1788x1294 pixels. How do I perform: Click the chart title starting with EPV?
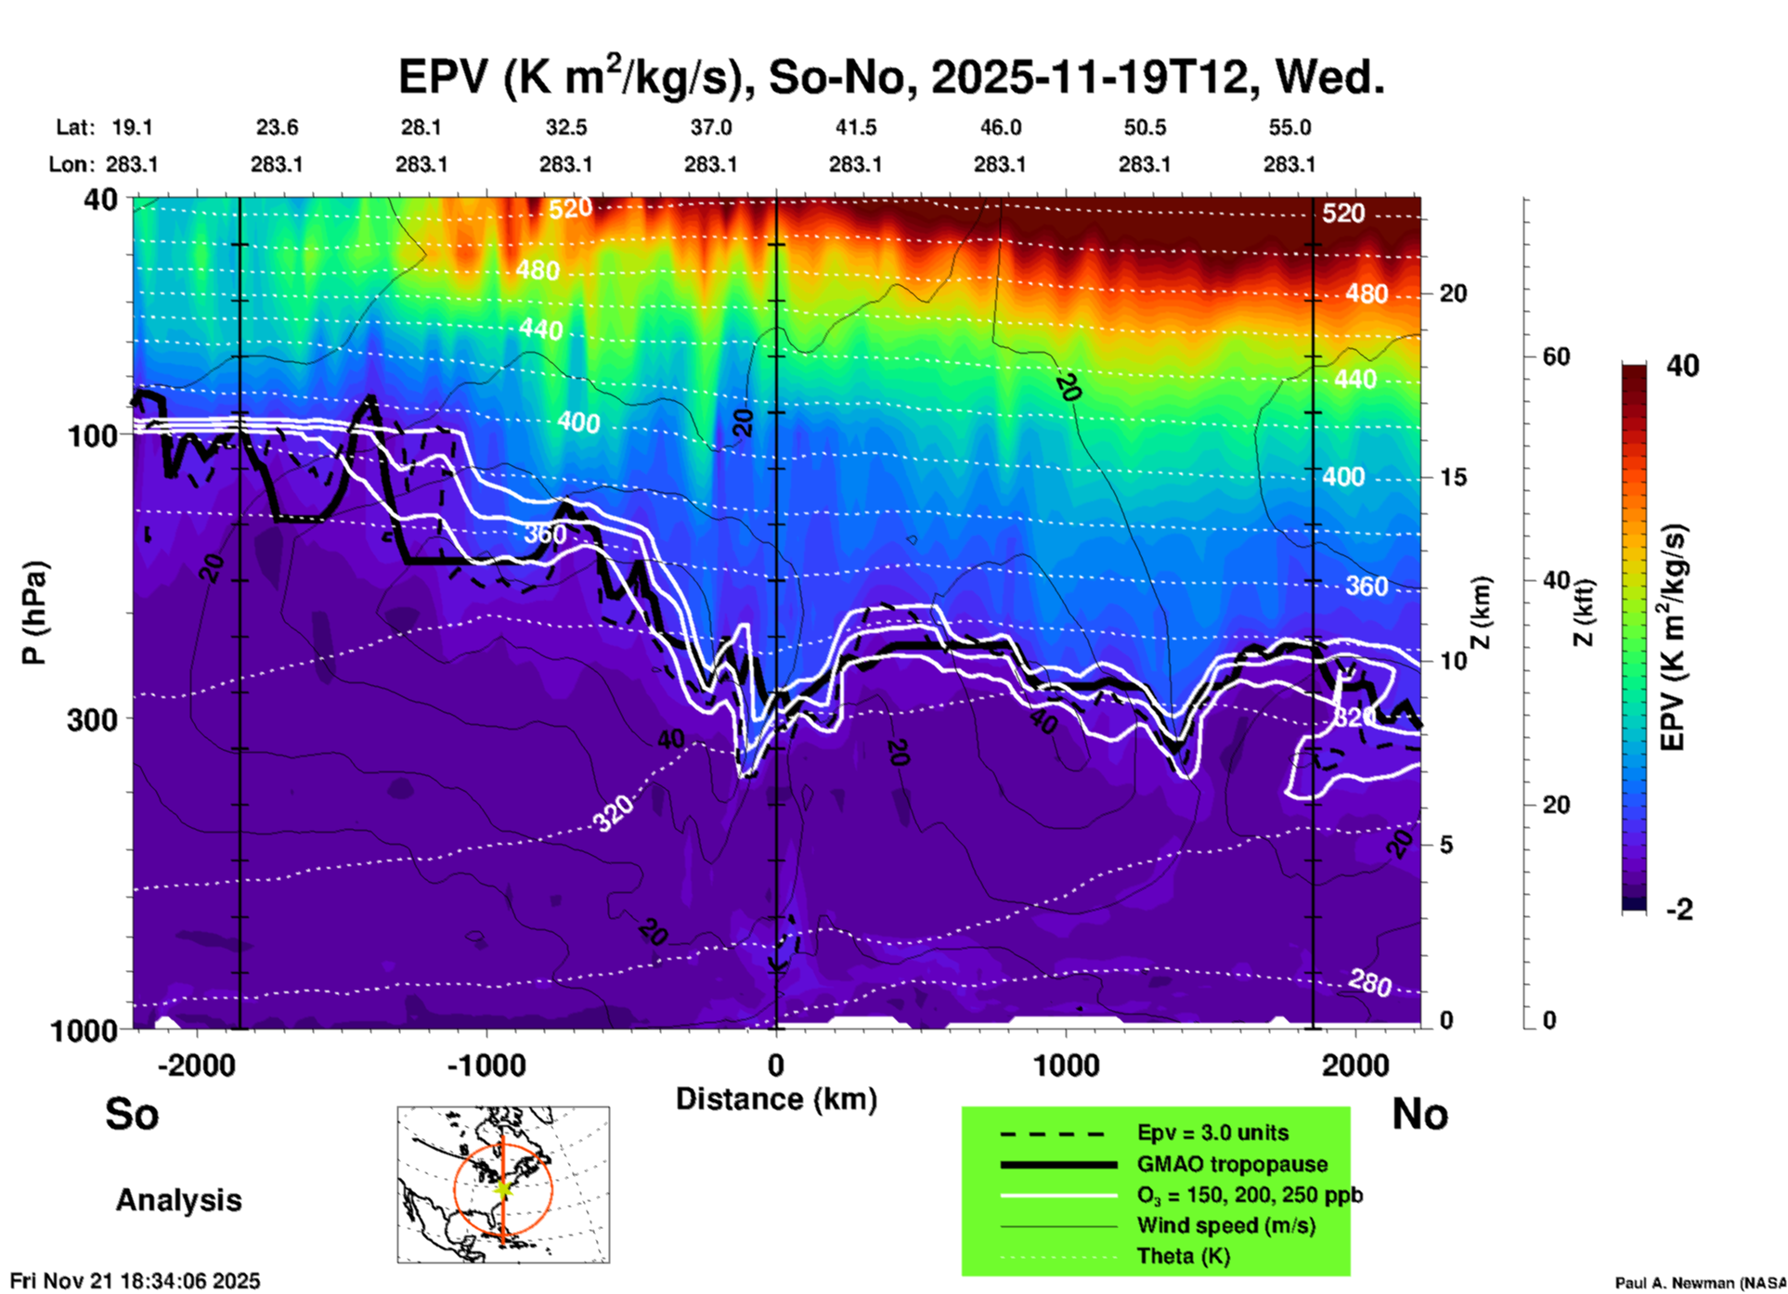coord(891,76)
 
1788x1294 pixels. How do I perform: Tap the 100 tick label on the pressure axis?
coord(93,435)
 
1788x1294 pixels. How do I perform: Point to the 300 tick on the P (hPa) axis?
coord(93,719)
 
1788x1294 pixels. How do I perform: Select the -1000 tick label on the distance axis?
coord(486,1066)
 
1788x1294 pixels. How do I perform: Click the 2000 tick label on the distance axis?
coord(1355,1066)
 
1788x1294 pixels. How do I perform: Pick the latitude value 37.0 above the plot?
coord(710,127)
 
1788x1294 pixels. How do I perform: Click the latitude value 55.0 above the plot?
coord(1289,127)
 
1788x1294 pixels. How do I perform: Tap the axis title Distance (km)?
coord(776,1099)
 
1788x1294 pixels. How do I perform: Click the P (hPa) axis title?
coord(34,613)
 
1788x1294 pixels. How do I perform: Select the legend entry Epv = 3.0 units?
coord(1212,1133)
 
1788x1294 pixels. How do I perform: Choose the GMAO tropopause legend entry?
coord(1232,1164)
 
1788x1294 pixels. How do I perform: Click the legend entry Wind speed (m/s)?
coord(1225,1226)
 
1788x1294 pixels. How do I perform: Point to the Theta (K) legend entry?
coord(1184,1257)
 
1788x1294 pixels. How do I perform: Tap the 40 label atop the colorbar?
coord(1682,366)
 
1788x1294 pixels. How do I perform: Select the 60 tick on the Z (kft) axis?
coord(1556,357)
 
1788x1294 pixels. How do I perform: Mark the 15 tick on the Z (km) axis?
coord(1453,477)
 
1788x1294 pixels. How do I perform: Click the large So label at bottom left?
coord(132,1114)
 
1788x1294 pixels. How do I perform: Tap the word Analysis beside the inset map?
coord(178,1200)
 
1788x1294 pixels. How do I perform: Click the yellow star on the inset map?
coord(503,1188)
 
